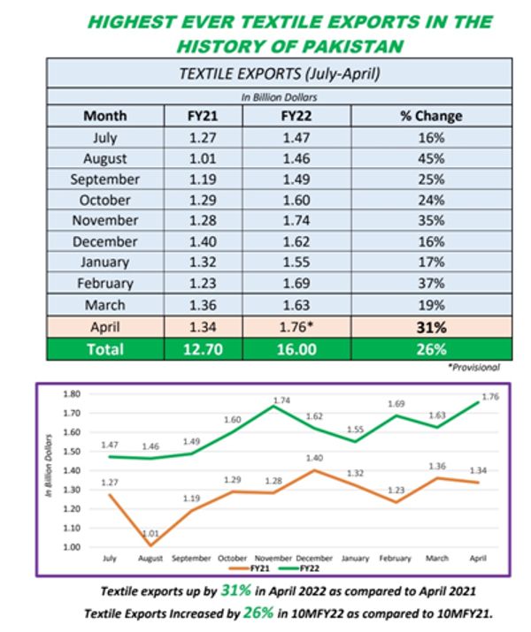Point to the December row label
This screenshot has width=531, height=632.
click(104, 240)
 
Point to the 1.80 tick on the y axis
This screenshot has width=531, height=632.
click(72, 393)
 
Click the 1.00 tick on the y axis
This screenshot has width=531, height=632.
click(72, 548)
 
